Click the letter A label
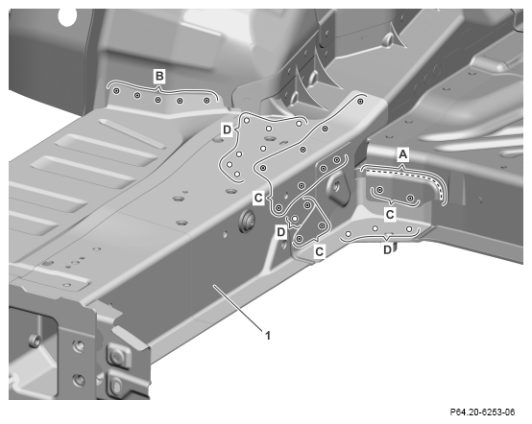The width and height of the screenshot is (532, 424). click(402, 154)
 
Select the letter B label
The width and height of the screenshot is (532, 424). click(159, 76)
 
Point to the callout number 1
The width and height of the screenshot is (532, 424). click(268, 336)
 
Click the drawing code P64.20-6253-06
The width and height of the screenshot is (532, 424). click(482, 412)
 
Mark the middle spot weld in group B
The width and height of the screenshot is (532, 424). click(157, 100)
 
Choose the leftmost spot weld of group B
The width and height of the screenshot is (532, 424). click(116, 91)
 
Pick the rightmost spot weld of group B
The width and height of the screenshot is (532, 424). click(206, 101)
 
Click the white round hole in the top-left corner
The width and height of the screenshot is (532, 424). click(67, 17)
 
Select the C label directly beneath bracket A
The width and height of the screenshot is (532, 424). click(390, 215)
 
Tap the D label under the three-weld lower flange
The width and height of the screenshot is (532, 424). click(387, 250)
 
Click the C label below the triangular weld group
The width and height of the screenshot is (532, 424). click(319, 252)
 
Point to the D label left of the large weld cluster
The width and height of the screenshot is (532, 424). click(227, 130)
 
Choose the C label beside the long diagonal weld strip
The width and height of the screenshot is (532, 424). click(258, 198)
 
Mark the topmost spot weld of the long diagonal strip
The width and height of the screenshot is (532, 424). click(361, 101)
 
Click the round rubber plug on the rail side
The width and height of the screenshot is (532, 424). click(247, 222)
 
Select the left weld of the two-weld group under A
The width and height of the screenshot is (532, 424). click(380, 190)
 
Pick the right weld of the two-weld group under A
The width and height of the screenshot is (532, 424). click(411, 198)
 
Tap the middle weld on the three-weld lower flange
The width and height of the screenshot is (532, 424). click(375, 228)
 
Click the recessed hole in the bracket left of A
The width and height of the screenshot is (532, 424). click(337, 185)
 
